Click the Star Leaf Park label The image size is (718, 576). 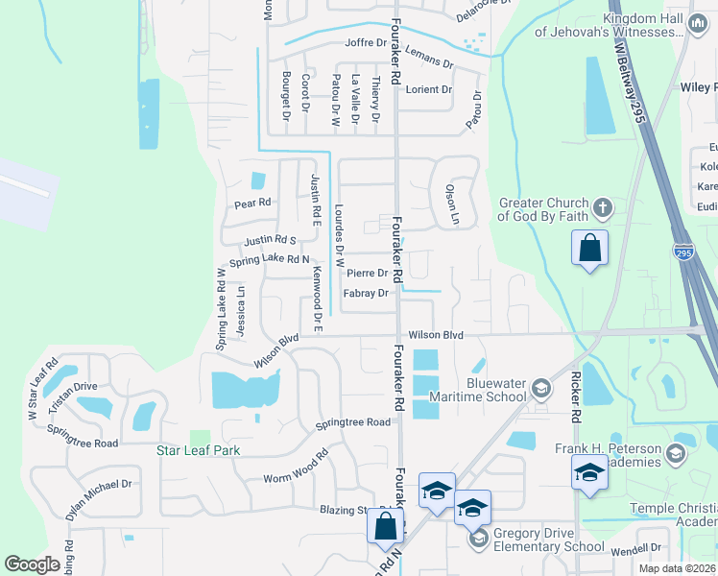(x=198, y=450)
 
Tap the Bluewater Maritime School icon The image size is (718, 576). (x=540, y=389)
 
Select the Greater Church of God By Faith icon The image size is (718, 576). (x=602, y=207)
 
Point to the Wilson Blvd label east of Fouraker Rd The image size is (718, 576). (x=436, y=335)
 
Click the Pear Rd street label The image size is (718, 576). (x=253, y=204)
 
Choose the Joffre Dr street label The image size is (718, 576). (x=366, y=43)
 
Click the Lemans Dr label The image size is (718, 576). (x=428, y=56)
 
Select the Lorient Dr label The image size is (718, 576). (x=428, y=89)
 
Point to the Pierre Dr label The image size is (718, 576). (x=367, y=273)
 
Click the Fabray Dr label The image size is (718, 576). (x=367, y=294)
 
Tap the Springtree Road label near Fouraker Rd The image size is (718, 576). (x=354, y=422)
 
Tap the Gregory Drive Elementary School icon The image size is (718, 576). (x=478, y=540)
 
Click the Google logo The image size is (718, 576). (x=33, y=564)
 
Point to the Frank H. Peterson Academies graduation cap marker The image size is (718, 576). (x=588, y=471)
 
